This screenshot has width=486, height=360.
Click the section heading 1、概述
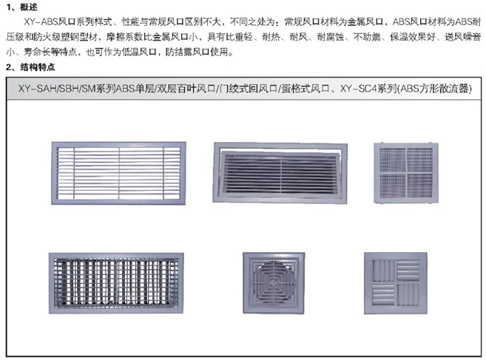21,7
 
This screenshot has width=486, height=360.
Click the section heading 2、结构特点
30,67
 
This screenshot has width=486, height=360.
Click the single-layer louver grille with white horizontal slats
118,173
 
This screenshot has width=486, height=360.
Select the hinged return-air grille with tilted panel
280,173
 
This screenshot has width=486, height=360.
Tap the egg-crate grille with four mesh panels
406,173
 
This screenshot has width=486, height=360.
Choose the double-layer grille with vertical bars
116,283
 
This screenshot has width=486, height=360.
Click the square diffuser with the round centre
274,283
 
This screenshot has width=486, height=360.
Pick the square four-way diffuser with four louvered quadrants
396,283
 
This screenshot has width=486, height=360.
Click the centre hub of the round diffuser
273,283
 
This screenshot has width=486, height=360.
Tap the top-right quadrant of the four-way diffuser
408,271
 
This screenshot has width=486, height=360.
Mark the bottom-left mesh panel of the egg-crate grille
392,186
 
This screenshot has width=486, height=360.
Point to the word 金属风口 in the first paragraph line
365,21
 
